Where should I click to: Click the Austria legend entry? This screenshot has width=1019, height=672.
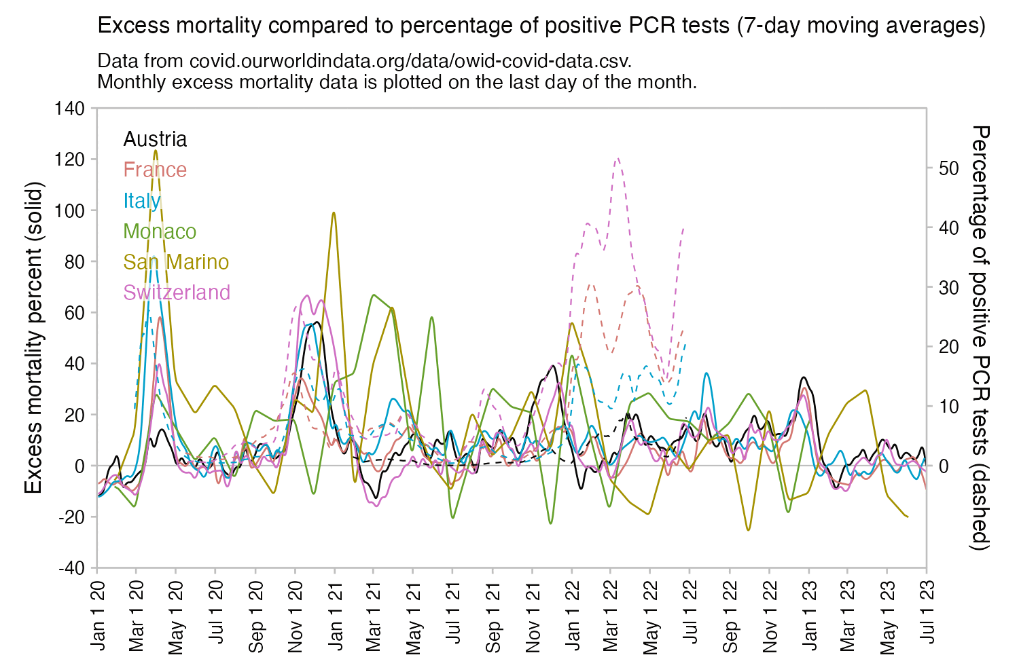[155, 139]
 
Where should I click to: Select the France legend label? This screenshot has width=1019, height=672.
[155, 170]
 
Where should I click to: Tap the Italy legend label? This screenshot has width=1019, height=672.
[142, 200]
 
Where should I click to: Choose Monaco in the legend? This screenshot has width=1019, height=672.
[160, 231]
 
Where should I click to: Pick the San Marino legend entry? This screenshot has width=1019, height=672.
[176, 262]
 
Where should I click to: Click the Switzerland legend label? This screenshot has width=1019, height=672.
[177, 293]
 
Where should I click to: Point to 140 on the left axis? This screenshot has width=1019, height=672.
[71, 109]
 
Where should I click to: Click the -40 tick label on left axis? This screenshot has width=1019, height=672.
[71, 568]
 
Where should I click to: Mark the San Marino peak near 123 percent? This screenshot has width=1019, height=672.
[156, 150]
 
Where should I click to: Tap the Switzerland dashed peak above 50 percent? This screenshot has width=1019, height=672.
[617, 158]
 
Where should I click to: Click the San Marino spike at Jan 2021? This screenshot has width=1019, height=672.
[334, 213]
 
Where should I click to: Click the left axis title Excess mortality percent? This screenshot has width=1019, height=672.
[34, 337]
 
